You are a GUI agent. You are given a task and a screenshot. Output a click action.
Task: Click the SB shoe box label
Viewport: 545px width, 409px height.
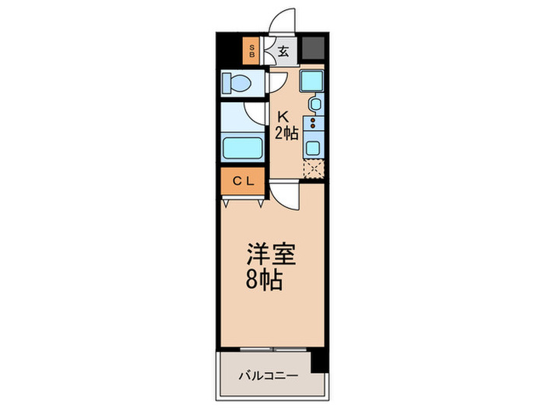click(251, 53)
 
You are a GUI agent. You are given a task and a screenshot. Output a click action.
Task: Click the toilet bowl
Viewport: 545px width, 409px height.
click(235, 82)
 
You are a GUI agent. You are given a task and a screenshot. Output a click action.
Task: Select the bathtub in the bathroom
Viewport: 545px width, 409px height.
click(243, 146)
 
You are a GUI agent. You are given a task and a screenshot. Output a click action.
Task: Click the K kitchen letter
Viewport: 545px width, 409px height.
click(285, 116)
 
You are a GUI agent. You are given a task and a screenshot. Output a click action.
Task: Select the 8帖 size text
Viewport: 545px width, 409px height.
click(264, 279)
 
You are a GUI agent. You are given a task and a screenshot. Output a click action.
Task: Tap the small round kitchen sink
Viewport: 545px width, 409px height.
click(315, 105)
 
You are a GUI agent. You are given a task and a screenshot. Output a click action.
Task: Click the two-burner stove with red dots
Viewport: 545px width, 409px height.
click(314, 122)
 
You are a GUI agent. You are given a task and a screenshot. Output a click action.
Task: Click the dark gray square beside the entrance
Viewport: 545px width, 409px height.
click(314, 49)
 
